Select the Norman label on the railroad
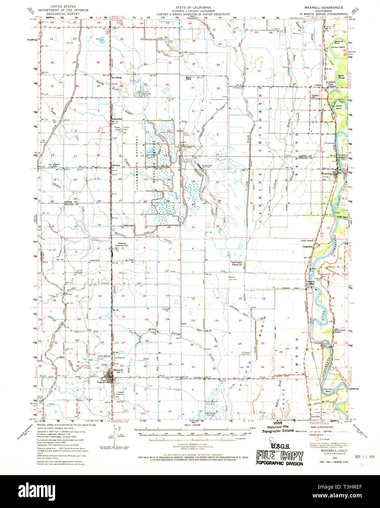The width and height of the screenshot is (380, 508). click(x=116, y=166)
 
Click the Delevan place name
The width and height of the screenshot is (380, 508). click(x=121, y=243)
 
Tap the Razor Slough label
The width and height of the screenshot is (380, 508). click(x=342, y=77)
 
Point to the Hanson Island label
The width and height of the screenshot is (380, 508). click(x=338, y=47)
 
